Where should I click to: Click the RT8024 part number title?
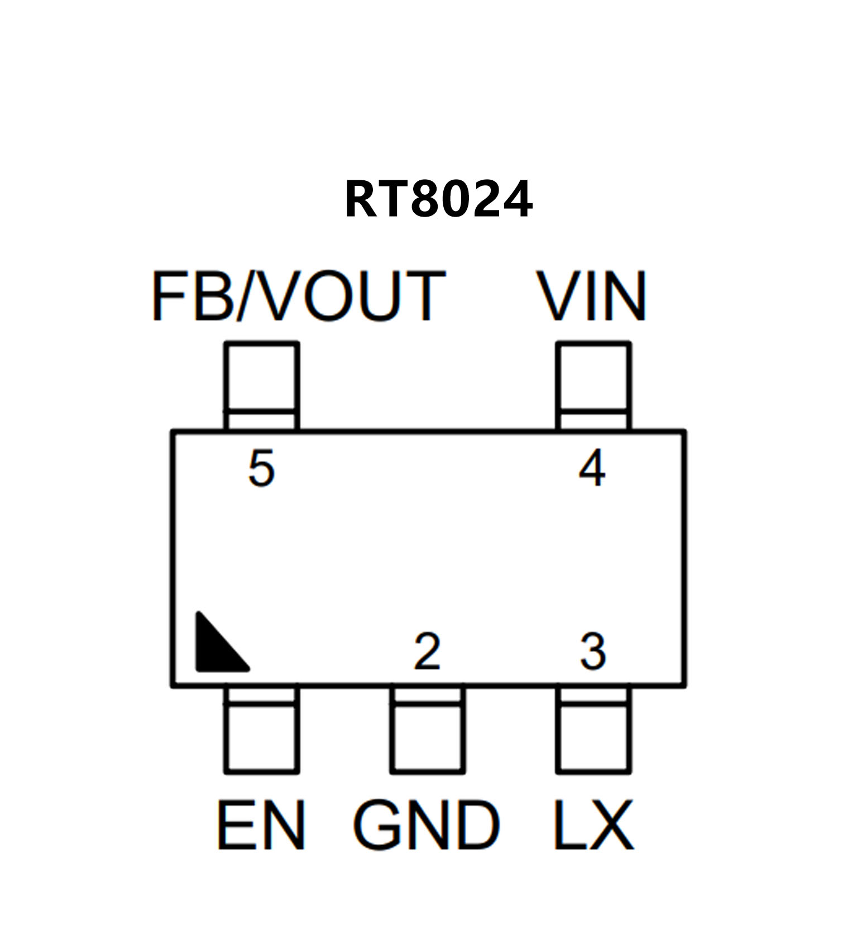click(438, 199)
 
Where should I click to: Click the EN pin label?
click(261, 825)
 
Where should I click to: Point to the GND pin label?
click(427, 825)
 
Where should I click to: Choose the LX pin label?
click(593, 825)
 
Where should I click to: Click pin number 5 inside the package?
click(261, 468)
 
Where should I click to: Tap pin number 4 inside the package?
click(592, 468)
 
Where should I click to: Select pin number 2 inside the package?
click(427, 651)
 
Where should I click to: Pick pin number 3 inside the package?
click(593, 651)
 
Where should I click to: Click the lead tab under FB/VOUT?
click(261, 385)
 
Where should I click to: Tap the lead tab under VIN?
click(593, 385)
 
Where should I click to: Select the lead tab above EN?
click(261, 729)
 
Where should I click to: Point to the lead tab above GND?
click(427, 729)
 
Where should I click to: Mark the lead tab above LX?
click(593, 729)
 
